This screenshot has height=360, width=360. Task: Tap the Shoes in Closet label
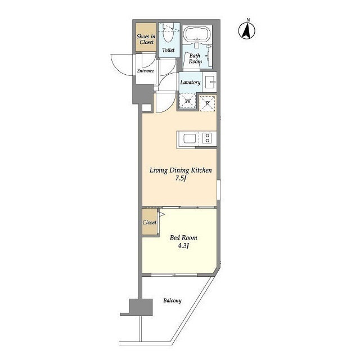tap(146, 39)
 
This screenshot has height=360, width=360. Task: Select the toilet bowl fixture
tap(168, 35)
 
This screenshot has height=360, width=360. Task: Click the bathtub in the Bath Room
tap(197, 34)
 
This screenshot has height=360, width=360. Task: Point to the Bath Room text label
tap(195, 58)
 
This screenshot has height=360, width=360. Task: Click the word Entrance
tap(145, 71)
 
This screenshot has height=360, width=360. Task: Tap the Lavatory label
tap(190, 82)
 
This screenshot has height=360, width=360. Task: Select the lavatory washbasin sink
tap(210, 82)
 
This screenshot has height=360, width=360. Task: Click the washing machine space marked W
tap(188, 101)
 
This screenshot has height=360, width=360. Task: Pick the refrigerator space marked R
tap(208, 103)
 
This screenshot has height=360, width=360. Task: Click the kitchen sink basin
tap(190, 139)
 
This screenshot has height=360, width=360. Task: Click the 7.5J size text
tap(181, 179)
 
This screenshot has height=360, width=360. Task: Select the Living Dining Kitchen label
tap(181, 170)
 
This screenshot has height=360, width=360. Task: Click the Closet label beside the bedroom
tap(150, 222)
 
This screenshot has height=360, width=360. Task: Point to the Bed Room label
tap(183, 237)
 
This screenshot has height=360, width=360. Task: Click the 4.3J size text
tap(183, 246)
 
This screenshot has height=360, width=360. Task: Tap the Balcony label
tap(173, 300)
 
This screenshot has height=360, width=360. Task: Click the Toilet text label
tap(168, 50)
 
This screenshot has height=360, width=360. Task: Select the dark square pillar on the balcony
tap(141, 307)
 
